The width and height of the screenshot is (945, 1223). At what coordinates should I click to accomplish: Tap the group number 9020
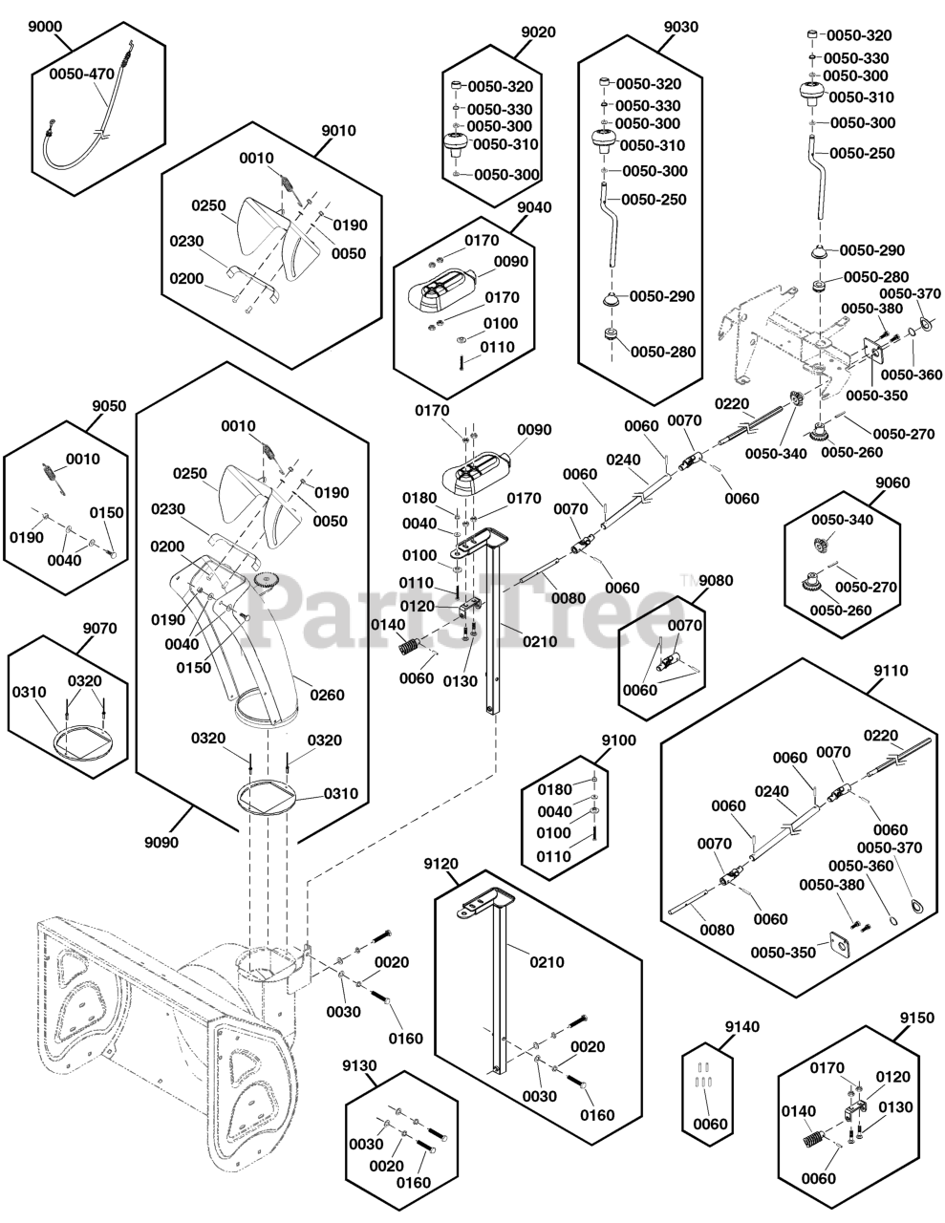coord(538,32)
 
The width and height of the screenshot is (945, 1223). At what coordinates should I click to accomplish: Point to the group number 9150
coord(916,1019)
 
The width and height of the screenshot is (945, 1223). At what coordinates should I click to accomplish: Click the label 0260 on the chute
coord(326,695)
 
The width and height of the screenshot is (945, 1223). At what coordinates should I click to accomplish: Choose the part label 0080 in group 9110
coord(717,929)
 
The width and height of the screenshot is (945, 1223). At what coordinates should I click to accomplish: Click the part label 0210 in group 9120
coord(547,962)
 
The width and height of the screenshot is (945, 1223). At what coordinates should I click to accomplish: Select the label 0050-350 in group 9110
coord(783,953)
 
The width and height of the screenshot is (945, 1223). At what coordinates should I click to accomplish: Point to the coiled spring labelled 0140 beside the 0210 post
coord(410,647)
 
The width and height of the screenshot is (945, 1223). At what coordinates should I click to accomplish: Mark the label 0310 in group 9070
coord(31,691)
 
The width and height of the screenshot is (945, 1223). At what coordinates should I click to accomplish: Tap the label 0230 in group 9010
coord(186,242)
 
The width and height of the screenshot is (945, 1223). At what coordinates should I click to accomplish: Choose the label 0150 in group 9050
coord(107,513)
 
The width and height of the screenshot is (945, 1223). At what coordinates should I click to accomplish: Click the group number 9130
coord(361,1064)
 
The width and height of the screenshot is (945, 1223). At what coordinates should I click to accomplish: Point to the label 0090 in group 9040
coord(511,261)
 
